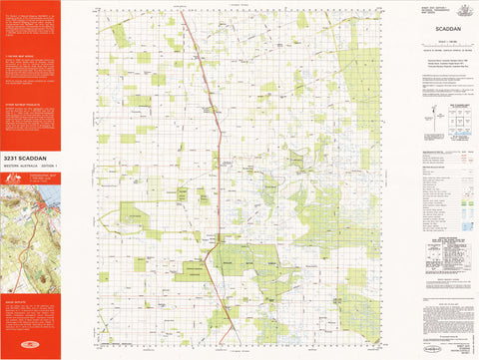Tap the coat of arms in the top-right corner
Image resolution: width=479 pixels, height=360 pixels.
[x=466, y=8]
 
